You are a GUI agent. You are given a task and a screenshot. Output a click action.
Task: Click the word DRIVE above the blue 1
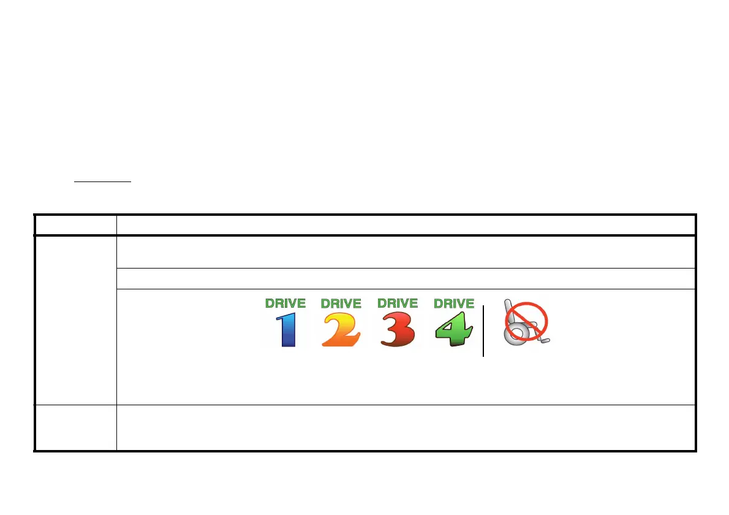[x=285, y=303]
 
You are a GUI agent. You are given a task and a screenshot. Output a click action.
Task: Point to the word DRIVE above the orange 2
[x=341, y=303]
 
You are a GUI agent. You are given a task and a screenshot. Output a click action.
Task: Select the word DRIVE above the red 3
[x=398, y=303]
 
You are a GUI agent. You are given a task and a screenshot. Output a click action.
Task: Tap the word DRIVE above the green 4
[x=454, y=303]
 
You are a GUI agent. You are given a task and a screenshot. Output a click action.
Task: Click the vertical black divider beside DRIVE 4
[x=483, y=331]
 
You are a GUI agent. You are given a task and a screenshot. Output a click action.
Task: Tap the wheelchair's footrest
[x=545, y=340]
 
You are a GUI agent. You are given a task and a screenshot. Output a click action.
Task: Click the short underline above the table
[x=102, y=181]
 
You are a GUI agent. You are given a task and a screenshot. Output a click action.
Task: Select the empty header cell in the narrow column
[x=75, y=224]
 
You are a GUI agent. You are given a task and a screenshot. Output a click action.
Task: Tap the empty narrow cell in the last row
[x=75, y=428]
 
